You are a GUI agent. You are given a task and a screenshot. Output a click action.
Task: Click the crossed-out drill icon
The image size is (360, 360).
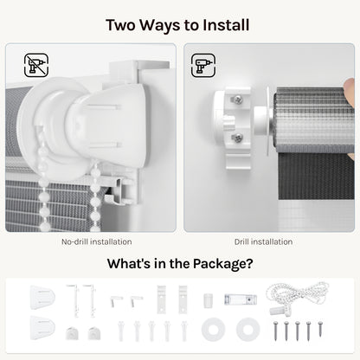point(36,65)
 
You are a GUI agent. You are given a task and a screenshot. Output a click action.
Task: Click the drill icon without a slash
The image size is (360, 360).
point(203,65)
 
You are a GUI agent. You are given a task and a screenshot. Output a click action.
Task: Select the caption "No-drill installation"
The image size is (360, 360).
point(97,241)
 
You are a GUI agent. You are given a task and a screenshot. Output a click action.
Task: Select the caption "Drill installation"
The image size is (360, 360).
point(263,241)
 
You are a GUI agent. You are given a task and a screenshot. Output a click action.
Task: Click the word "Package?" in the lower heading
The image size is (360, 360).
point(222,264)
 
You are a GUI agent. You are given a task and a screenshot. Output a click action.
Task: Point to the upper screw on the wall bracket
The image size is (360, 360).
point(237,100)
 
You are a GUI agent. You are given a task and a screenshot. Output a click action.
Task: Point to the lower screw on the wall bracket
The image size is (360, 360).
point(237,138)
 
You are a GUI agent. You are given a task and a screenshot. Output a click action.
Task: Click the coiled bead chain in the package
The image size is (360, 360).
point(297,296)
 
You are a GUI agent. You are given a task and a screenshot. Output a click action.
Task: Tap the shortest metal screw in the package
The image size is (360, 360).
point(320,329)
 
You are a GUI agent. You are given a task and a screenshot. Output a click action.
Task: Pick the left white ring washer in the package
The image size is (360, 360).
point(213,329)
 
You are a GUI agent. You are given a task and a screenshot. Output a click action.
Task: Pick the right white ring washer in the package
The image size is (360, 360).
point(247,329)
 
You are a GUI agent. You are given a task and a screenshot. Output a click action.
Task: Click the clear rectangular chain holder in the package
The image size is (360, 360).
point(241,299)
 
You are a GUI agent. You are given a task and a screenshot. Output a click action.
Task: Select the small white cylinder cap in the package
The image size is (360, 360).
point(208,300)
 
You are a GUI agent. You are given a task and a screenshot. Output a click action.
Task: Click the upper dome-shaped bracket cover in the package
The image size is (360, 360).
point(42,298)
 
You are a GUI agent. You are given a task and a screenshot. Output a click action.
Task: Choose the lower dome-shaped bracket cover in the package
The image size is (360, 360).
point(42,328)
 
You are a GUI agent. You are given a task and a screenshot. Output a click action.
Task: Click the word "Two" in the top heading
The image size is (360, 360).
point(121,25)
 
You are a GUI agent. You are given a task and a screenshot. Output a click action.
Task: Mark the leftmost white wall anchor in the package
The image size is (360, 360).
point(121,331)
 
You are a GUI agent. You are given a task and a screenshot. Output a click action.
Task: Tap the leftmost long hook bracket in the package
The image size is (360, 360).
point(74,301)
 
